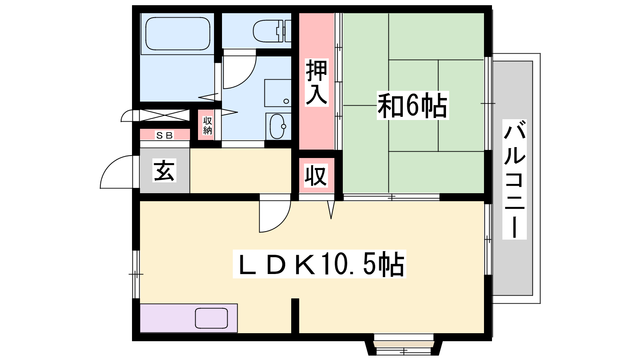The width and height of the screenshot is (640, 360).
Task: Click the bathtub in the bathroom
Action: (x=178, y=34)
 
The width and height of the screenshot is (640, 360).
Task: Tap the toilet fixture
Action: (x=272, y=31)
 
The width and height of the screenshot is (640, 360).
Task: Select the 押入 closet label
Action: (x=316, y=82)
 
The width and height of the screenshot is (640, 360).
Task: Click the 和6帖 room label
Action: (x=412, y=106)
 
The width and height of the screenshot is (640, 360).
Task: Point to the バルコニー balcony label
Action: (x=514, y=179)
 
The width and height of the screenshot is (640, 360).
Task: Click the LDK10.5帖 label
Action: (x=320, y=264)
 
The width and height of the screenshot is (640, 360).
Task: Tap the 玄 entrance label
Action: (x=164, y=170)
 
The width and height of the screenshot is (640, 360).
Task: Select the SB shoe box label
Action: (x=164, y=135)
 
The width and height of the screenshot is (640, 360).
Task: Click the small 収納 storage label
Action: (x=208, y=126)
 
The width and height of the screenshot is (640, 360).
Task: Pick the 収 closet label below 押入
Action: (x=316, y=176)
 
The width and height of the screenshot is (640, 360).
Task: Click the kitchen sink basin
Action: (x=212, y=318)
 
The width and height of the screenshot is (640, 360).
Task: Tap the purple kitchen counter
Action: (x=188, y=318)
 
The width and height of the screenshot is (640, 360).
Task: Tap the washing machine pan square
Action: (x=278, y=93)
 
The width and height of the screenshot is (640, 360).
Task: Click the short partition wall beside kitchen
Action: (x=295, y=316)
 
